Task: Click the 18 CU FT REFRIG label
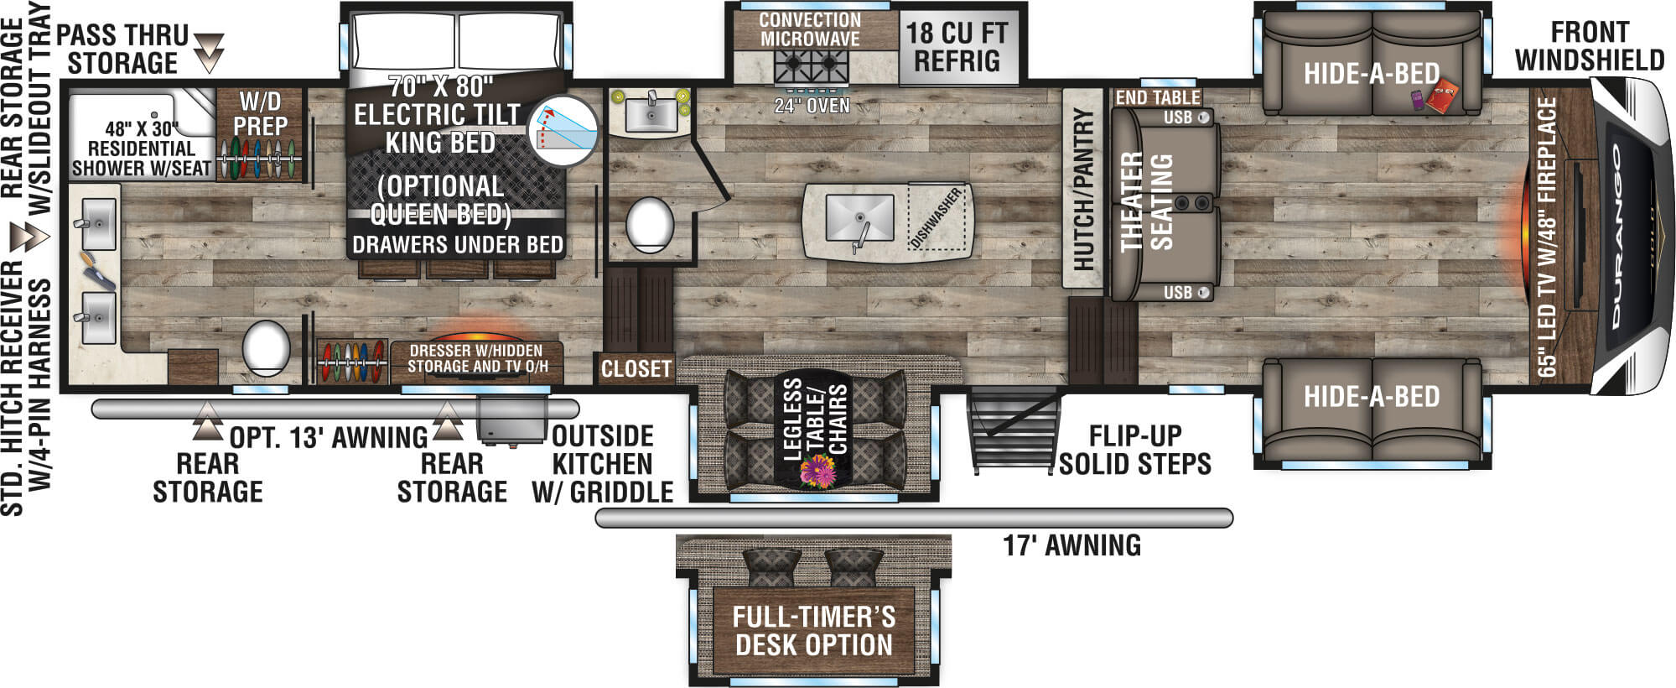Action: [957, 47]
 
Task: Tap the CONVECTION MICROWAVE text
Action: [809, 29]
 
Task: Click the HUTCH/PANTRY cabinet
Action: [1082, 188]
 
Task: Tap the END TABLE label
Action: [1157, 97]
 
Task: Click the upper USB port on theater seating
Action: [1204, 117]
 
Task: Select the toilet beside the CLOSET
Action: [650, 225]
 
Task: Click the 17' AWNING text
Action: [1071, 546]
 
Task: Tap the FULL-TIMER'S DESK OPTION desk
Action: [813, 631]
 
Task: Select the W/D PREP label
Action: [260, 115]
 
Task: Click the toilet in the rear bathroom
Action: [266, 348]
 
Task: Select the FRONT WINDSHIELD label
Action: [1589, 46]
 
